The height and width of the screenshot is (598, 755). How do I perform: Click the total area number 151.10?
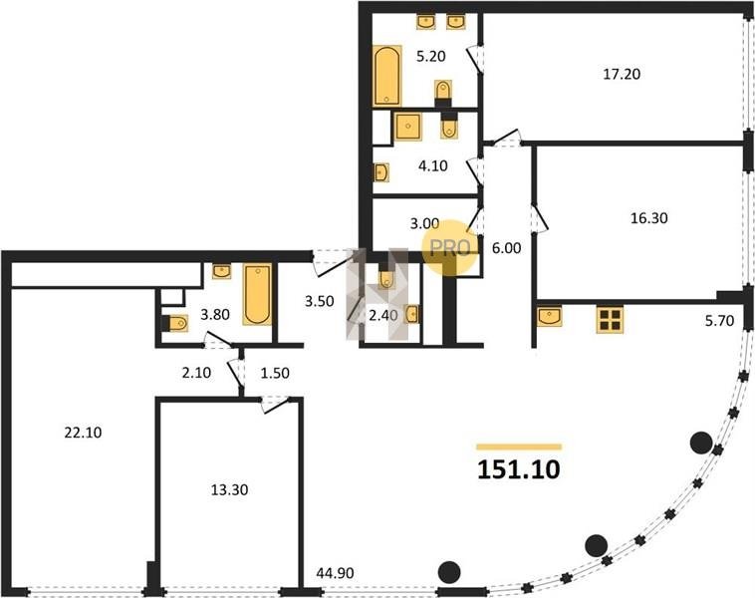pos(519,469)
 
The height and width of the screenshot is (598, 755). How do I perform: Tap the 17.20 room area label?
pos(622,74)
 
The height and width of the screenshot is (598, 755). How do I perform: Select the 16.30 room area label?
pos(649,218)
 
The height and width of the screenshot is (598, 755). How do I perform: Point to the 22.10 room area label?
pos(84,433)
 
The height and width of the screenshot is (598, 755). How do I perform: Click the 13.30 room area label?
pos(230,490)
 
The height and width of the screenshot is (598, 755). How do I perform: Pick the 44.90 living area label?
pos(335,573)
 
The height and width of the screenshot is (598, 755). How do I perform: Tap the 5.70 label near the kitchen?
pos(719,321)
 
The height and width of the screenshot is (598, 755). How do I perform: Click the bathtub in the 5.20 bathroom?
pos(387,76)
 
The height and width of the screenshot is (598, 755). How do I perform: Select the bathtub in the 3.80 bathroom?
pos(257,294)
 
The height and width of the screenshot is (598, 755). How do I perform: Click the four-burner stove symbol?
pos(610,320)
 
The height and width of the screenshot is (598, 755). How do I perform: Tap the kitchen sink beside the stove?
pos(549,317)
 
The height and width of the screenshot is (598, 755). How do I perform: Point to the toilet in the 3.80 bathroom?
pos(176,323)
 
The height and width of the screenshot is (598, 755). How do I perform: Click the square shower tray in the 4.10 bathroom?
pos(407,127)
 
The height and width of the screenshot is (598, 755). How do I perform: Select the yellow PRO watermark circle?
pos(450,248)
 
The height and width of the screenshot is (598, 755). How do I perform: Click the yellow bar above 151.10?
pos(519,447)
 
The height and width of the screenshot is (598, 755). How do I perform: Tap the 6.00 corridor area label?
pos(507,248)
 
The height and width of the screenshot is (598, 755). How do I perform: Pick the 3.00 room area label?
pos(424,223)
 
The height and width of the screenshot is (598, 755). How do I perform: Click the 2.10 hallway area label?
pos(196,373)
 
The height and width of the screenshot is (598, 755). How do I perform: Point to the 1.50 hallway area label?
pos(275,373)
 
